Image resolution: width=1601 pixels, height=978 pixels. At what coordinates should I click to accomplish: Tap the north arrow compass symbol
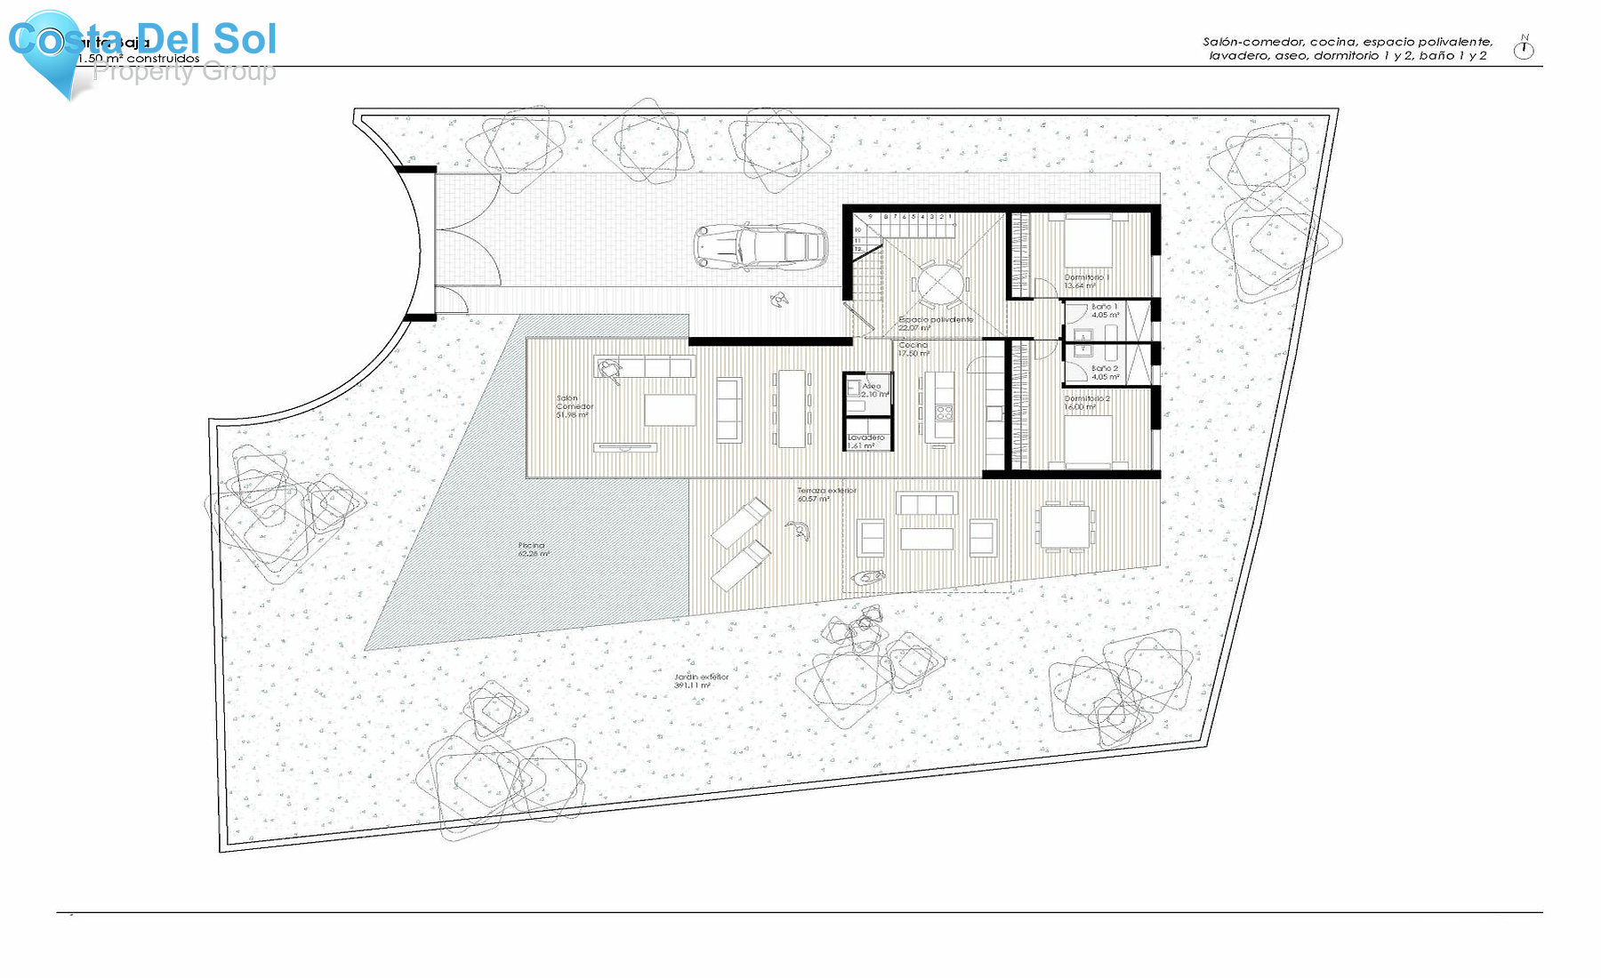(x=1524, y=49)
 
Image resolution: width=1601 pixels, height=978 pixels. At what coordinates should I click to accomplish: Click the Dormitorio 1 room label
(x=1086, y=281)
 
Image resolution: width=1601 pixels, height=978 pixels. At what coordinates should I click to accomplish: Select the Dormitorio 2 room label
(x=1086, y=403)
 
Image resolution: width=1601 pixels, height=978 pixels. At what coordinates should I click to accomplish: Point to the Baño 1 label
(x=1105, y=310)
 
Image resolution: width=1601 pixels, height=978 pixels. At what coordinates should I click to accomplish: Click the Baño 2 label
(x=1105, y=372)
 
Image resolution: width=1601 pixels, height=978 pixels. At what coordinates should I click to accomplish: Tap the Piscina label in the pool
(x=533, y=549)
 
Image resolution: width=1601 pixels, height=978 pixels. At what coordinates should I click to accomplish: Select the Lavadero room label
(x=865, y=441)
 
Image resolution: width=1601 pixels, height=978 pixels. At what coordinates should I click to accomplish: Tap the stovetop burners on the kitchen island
(x=944, y=413)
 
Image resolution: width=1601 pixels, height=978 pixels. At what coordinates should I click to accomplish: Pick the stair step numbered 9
(x=870, y=216)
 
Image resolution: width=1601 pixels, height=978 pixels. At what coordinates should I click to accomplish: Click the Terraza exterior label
(x=825, y=494)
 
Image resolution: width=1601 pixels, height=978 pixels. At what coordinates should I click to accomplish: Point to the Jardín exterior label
(x=701, y=681)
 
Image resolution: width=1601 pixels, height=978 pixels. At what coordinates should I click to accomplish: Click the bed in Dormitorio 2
(x=1088, y=440)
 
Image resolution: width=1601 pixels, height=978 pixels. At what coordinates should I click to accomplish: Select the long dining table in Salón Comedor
(x=791, y=408)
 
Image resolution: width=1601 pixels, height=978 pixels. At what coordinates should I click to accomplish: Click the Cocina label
(x=913, y=349)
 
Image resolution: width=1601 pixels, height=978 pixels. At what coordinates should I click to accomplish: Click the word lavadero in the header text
(x=1237, y=56)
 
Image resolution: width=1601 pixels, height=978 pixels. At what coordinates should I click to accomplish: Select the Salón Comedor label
(x=574, y=406)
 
